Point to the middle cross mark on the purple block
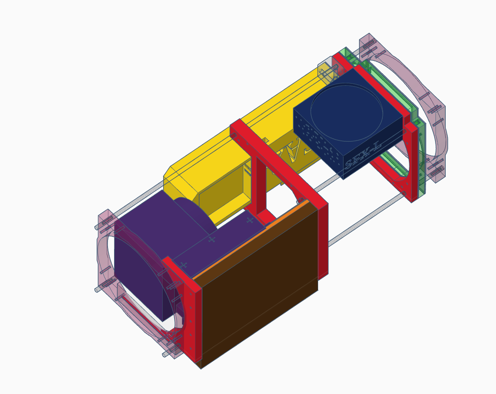click(211, 239)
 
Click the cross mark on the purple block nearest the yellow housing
click(249, 220)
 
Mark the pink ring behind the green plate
click(433, 122)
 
